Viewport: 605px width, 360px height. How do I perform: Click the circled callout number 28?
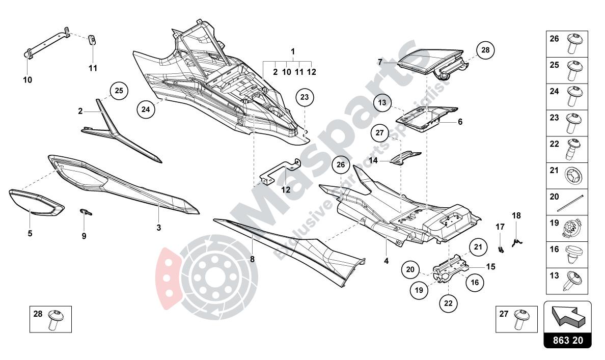(x=485, y=50)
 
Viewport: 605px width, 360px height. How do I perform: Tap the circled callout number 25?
(x=119, y=91)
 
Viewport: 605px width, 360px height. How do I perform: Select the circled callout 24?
(x=146, y=109)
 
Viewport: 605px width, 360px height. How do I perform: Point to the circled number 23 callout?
(x=304, y=97)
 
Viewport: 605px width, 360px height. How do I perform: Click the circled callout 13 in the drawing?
(x=382, y=103)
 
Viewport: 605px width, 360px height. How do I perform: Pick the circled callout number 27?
(x=379, y=133)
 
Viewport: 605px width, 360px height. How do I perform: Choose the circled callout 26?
(x=341, y=165)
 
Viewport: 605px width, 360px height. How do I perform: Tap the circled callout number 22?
(x=448, y=302)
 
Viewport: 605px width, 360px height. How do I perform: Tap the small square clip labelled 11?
(x=93, y=40)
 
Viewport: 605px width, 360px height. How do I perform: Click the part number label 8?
(x=252, y=259)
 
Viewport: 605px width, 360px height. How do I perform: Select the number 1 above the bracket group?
(x=293, y=52)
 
